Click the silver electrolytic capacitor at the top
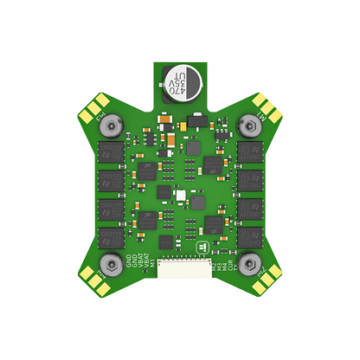[179, 80]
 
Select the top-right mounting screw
[249, 126]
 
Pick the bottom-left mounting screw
[110, 263]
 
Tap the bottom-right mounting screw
[249, 263]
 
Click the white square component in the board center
[180, 196]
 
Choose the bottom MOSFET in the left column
[111, 235]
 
